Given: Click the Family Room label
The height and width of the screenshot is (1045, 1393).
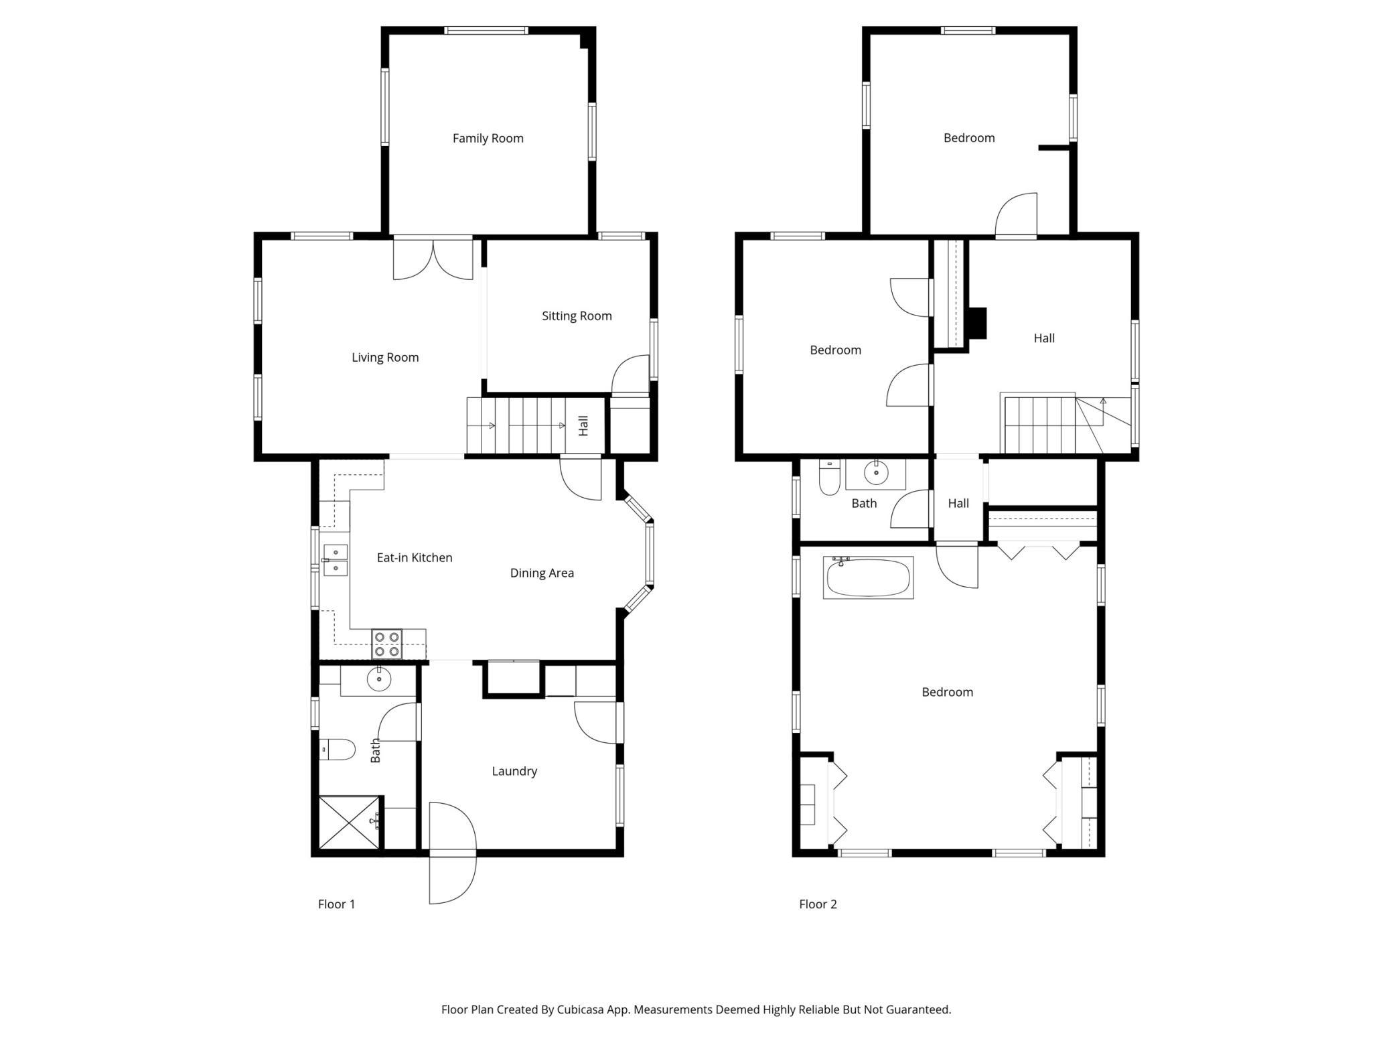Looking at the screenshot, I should coord(488,138).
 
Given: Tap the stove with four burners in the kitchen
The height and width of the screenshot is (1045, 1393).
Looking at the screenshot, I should coord(387,644).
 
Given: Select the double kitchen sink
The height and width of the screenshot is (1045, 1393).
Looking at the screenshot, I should coord(336,560).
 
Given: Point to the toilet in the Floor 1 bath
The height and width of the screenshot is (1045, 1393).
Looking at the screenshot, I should coord(338,749).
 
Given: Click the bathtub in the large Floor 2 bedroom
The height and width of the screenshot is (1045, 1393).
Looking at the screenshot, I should coord(868,578).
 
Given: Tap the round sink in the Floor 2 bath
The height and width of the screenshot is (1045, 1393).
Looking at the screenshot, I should coord(875,473).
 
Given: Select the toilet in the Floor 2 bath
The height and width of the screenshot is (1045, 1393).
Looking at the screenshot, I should coord(829,477).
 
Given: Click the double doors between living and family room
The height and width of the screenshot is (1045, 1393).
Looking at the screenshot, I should coord(433,259).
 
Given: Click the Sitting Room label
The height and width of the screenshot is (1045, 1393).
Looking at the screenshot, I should coord(577,316).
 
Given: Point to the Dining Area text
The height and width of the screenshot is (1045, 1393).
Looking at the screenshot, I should coord(542,573).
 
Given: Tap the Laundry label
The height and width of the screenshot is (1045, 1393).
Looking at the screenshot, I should coord(514,771).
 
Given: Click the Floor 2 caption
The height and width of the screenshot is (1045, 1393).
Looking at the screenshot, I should coord(818,904).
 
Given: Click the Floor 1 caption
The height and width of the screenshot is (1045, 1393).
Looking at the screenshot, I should coord(336,904).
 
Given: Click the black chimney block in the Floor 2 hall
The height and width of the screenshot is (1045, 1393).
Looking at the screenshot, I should coord(978,323).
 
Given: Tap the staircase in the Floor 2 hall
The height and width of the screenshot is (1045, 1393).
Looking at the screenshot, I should coord(1039,425).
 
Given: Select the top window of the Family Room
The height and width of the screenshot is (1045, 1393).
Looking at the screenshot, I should coord(486,30).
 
